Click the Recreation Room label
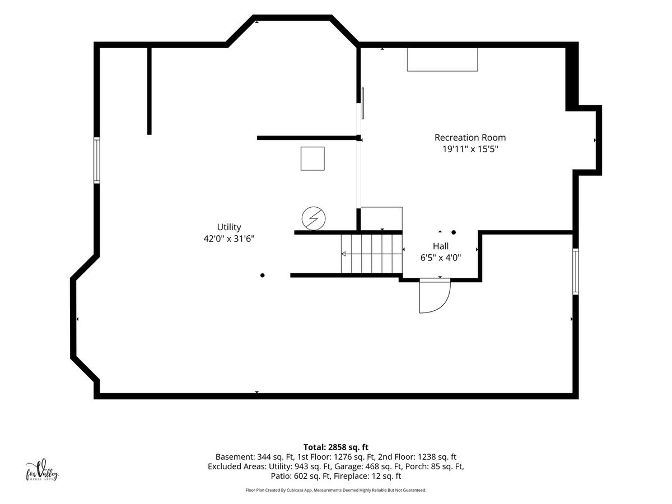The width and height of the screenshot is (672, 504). pos(470,137)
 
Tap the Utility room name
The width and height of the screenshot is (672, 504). pos(229,227)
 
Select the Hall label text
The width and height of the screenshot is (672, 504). pos(441,246)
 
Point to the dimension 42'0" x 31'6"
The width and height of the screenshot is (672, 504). pos(229,239)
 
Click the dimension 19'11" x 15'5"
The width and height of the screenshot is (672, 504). pos(470,149)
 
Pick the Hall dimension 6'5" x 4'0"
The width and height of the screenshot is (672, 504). pos(441,258)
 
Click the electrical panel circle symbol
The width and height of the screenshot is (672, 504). pos(314,218)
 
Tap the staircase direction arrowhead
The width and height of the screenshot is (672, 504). pos(343,254)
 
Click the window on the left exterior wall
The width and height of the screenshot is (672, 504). pos(96,160)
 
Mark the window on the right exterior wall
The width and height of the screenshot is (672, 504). pos(576,272)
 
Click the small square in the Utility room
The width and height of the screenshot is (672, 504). pos(312,158)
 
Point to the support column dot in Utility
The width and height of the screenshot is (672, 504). pos(263,276)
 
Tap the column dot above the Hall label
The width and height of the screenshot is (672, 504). pos(454,232)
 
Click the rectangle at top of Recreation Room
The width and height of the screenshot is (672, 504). pos(442,59)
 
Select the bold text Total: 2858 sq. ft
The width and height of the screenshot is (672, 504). pos(336,447)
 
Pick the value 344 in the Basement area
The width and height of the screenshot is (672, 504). pos(264,457)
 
